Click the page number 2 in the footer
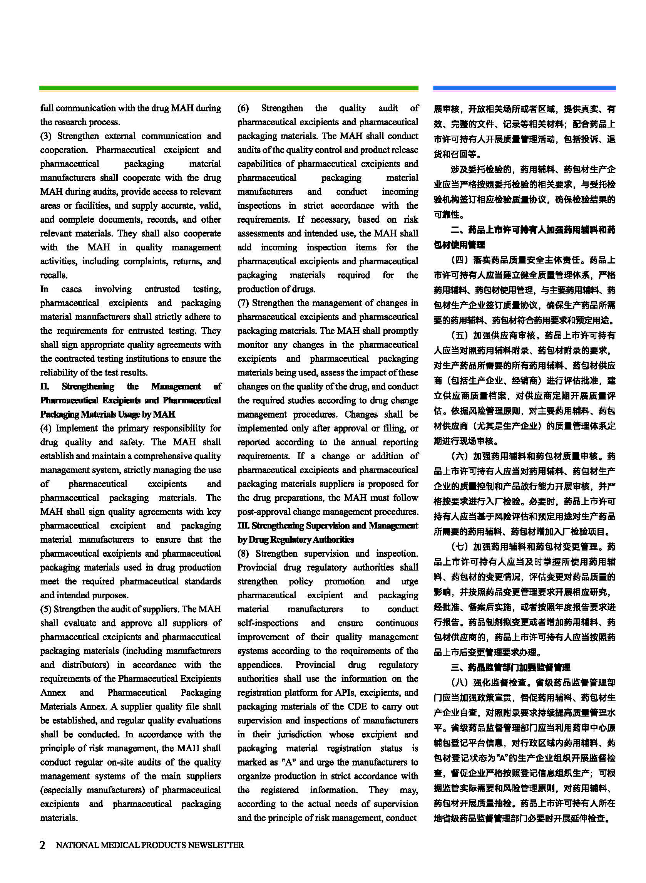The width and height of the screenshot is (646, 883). pyautogui.click(x=43, y=845)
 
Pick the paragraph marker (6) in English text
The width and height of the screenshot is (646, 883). pyautogui.click(x=243, y=108)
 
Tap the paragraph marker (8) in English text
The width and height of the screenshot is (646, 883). pyautogui.click(x=243, y=554)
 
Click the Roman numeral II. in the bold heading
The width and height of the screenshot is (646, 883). pyautogui.click(x=45, y=386)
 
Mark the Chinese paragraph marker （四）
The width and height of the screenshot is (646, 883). pyautogui.click(x=460, y=260)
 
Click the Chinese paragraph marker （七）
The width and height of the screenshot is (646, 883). pyautogui.click(x=460, y=547)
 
